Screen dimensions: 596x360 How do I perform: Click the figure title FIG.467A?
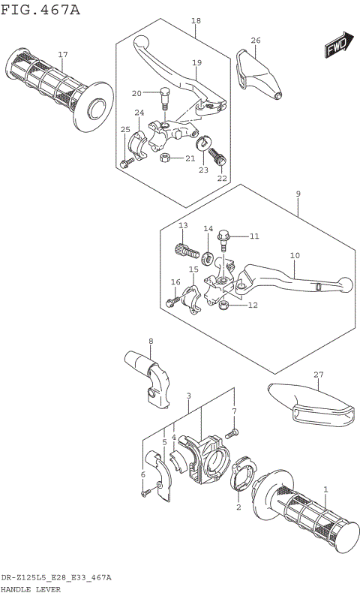tap(40, 9)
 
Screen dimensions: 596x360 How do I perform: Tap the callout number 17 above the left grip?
tap(63, 55)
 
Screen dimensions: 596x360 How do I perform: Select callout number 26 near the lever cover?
tap(256, 40)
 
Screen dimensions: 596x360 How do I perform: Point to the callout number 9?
tap(298, 194)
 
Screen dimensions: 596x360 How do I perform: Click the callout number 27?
tap(318, 375)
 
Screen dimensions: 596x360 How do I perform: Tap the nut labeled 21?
tap(166, 158)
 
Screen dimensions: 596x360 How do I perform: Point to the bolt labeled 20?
tap(163, 95)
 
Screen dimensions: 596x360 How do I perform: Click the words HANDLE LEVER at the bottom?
tap(31, 589)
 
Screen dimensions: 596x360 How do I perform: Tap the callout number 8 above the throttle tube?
tap(150, 342)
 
